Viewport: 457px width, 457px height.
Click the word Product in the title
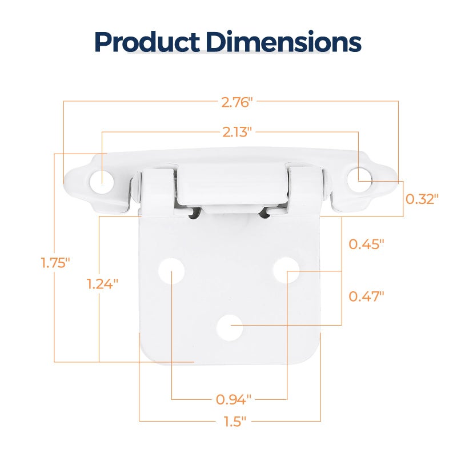click(x=147, y=42)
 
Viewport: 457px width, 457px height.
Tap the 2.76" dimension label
click(x=236, y=102)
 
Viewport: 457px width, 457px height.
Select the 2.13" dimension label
click(x=237, y=133)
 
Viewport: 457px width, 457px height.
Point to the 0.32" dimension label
click(x=422, y=199)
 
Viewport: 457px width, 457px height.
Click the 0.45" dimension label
click(x=366, y=244)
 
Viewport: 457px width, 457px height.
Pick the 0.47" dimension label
click(x=366, y=296)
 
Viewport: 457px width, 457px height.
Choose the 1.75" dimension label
click(x=55, y=263)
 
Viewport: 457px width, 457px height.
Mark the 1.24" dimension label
click(x=102, y=284)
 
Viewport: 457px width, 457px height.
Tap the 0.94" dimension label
click(x=234, y=399)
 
